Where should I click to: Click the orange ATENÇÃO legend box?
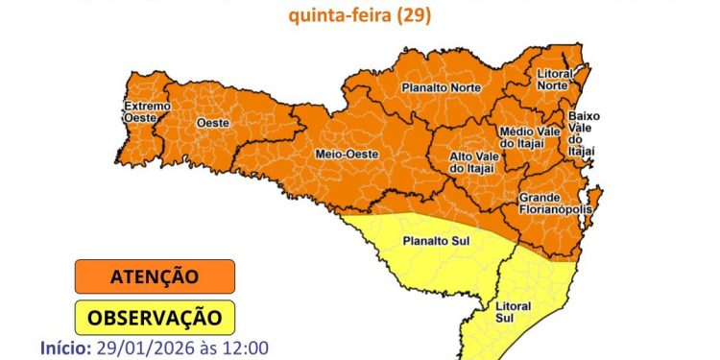[155, 276]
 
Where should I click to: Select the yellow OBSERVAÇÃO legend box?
[155, 316]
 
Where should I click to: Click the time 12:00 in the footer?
[248, 348]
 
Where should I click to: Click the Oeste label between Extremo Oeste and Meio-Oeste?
[211, 124]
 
